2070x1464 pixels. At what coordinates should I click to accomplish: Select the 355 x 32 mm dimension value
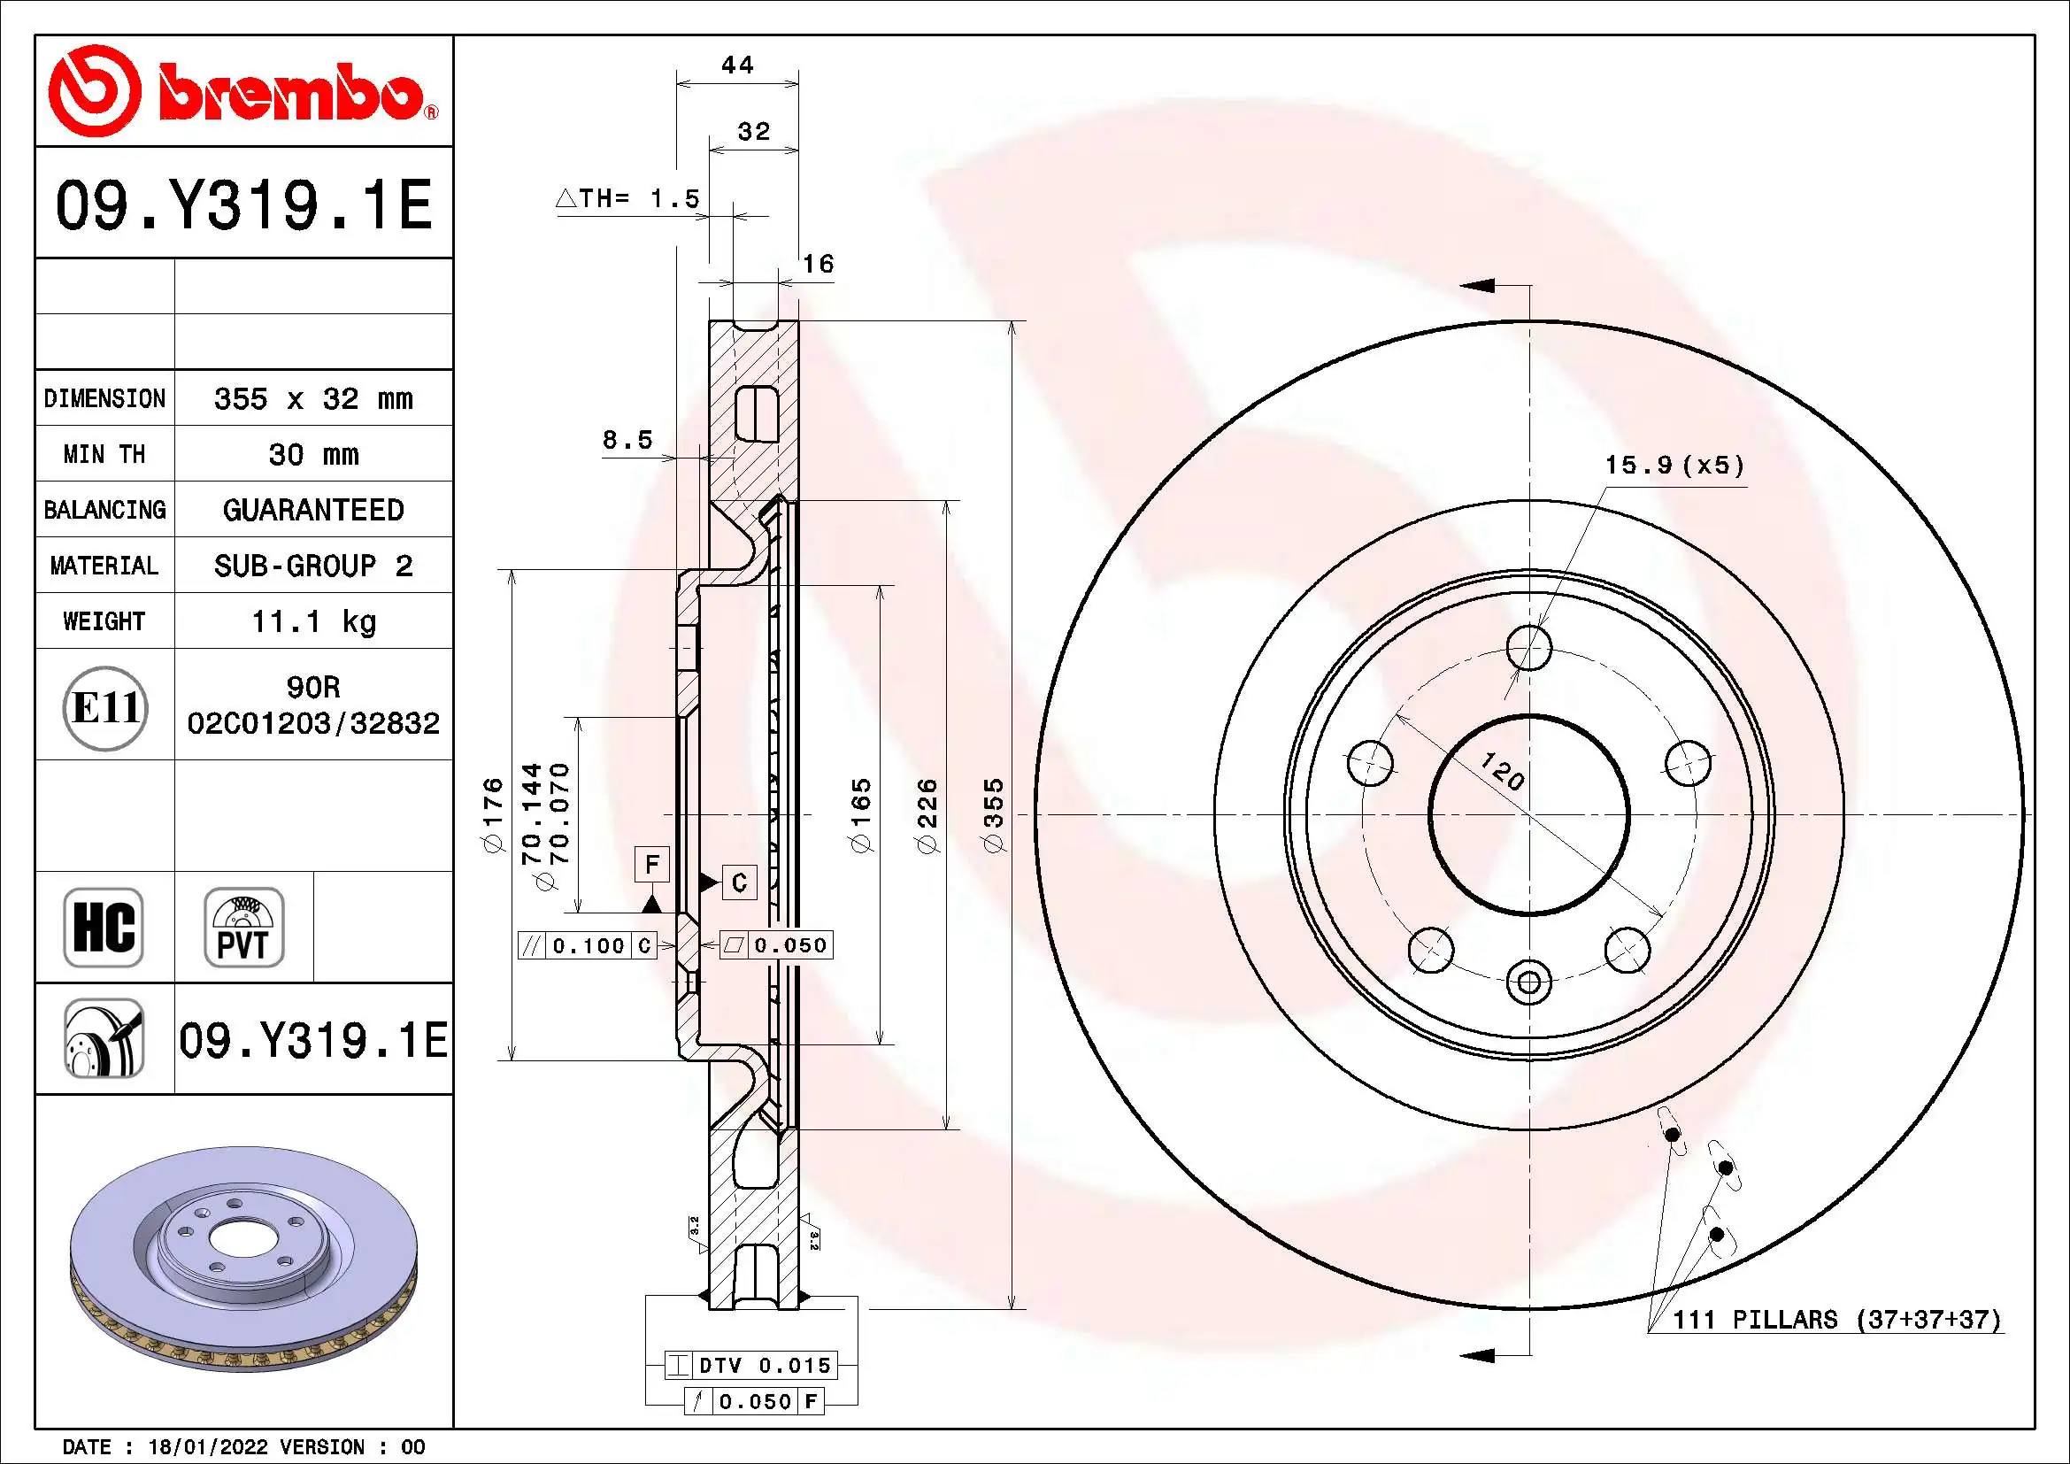click(312, 398)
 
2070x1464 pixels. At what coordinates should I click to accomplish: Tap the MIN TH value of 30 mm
click(312, 454)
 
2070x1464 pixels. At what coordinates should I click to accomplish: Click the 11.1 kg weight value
click(312, 621)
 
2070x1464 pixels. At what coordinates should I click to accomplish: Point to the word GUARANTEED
click(312, 510)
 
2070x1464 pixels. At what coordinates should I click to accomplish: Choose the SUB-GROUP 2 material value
click(312, 566)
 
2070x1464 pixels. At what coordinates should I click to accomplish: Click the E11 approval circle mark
click(105, 708)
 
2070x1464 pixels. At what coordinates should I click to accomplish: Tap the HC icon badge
click(104, 928)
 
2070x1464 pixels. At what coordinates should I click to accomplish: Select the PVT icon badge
click(243, 928)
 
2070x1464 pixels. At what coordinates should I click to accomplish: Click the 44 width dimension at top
click(737, 65)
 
